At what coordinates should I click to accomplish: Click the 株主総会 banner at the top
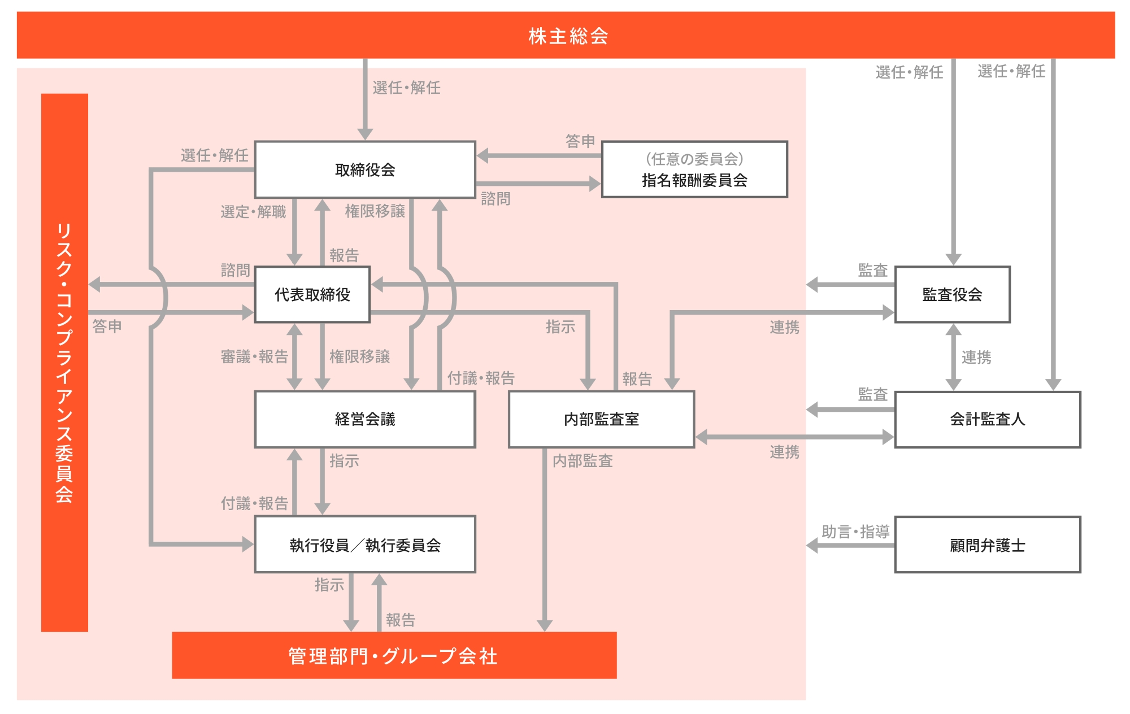point(566,35)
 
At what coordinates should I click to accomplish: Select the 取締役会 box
point(365,169)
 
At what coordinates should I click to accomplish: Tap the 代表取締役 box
point(312,294)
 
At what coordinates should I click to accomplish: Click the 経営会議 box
point(365,419)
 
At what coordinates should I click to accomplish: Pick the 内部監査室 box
point(601,419)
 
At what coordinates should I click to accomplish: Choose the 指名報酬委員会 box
point(694,169)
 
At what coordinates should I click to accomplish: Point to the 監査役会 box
point(953,294)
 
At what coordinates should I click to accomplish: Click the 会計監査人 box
point(988,419)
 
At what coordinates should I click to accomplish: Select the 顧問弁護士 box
point(988,545)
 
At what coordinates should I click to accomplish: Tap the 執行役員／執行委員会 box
point(365,545)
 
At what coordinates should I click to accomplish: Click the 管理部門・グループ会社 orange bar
point(394,655)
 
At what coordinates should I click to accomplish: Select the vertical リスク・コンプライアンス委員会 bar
point(64,363)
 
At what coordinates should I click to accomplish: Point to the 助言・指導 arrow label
point(855,532)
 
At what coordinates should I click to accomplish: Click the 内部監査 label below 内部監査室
point(583,461)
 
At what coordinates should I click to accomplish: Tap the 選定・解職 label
point(253,212)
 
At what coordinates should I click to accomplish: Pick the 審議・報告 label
point(254,356)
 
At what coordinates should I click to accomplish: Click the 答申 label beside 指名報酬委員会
point(580,141)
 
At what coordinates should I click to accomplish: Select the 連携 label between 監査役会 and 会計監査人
point(976,357)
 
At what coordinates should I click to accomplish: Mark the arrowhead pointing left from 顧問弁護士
point(812,545)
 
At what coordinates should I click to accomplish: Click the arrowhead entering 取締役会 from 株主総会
point(365,134)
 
